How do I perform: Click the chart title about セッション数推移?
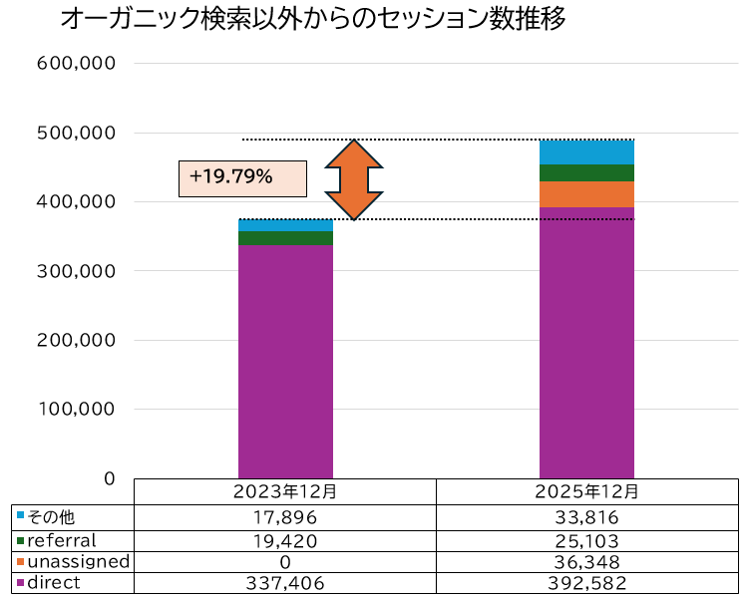tap(314, 20)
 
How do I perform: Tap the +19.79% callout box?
tap(242, 177)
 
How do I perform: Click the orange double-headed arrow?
tap(353, 179)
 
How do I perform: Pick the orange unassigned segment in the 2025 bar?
tap(586, 194)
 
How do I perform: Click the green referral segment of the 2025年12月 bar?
tap(586, 173)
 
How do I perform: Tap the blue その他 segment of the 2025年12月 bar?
tap(586, 152)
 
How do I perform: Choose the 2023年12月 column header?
tap(285, 492)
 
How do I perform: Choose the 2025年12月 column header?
tap(586, 492)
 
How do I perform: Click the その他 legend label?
tap(51, 517)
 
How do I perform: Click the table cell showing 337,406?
tap(285, 584)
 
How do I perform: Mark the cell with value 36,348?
tap(586, 562)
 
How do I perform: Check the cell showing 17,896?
tap(285, 517)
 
